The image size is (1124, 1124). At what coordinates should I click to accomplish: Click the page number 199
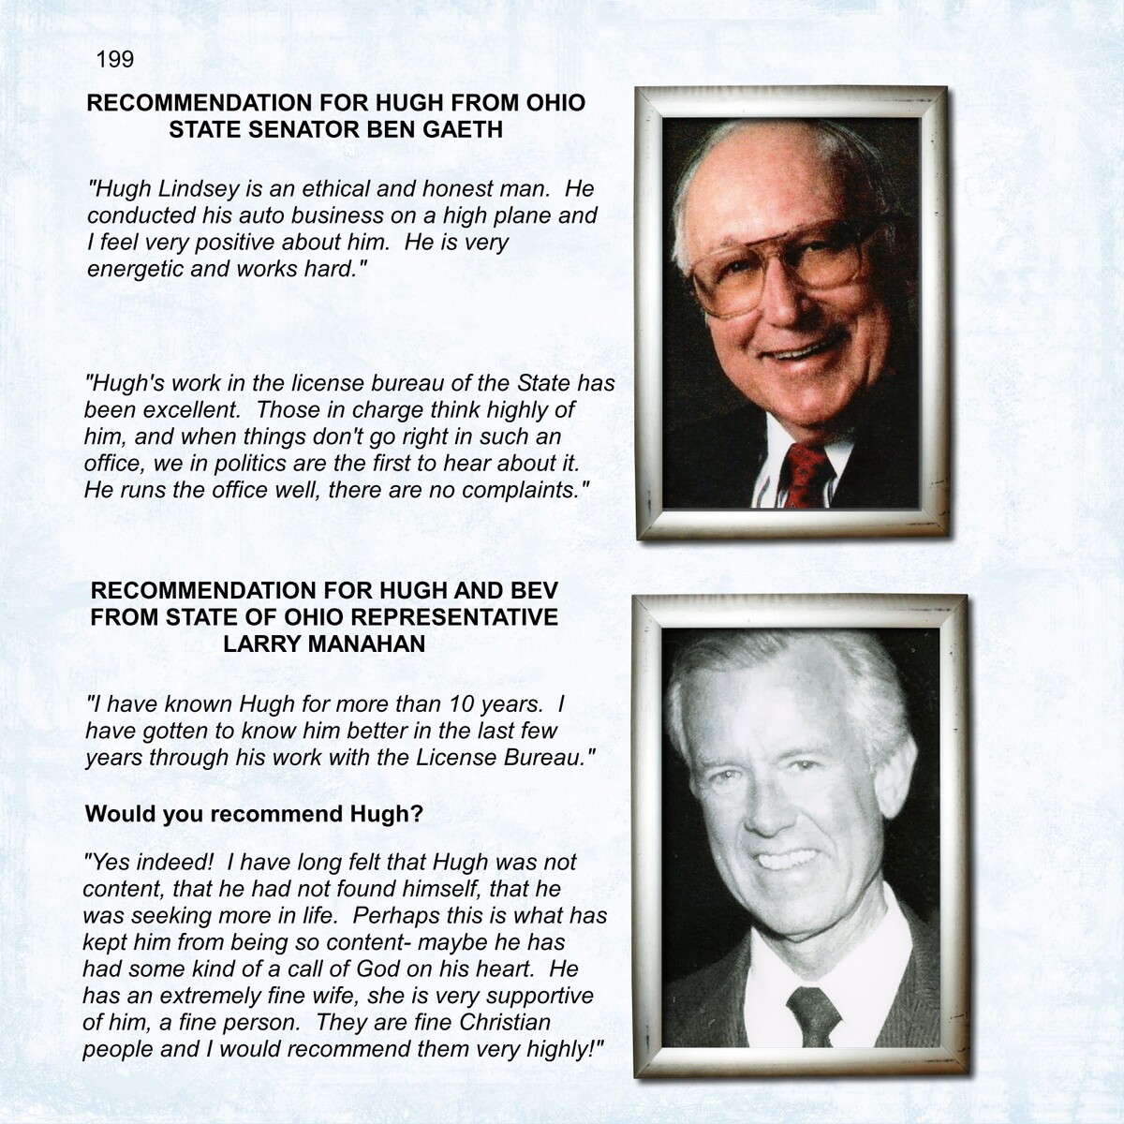(x=115, y=60)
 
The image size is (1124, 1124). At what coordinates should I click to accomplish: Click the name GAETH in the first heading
(x=464, y=129)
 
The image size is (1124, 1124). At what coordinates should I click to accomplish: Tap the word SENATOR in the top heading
(x=303, y=129)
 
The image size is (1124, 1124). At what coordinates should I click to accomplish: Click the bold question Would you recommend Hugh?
(x=254, y=814)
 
